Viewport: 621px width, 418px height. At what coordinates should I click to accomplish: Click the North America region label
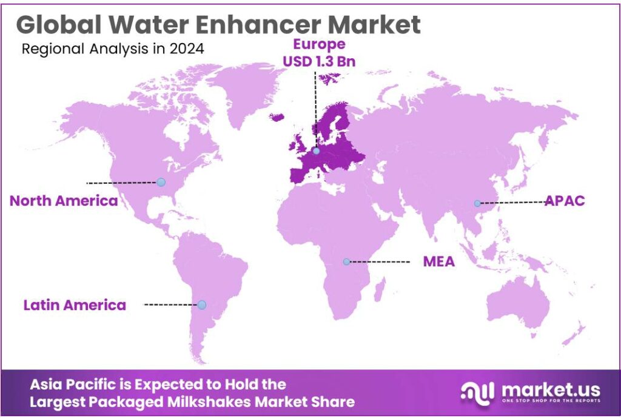tap(64, 201)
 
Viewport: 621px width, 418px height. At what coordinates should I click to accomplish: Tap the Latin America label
tap(75, 305)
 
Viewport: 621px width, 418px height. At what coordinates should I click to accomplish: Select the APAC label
tap(564, 201)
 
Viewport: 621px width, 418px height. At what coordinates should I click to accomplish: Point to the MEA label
tap(438, 261)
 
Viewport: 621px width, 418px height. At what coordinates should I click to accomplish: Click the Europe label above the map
tap(319, 44)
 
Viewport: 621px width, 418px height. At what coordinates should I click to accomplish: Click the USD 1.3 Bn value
tap(319, 61)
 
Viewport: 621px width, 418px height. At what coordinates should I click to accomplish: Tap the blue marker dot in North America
tap(161, 182)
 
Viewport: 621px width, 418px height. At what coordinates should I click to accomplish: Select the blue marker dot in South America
tap(202, 305)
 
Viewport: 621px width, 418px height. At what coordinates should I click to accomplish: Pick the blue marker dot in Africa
tap(346, 261)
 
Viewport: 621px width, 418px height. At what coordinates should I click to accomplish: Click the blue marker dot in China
tap(477, 203)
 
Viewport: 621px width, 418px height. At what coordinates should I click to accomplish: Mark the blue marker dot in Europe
tap(316, 150)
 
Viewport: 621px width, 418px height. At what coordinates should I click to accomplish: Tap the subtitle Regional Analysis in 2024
tap(113, 49)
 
